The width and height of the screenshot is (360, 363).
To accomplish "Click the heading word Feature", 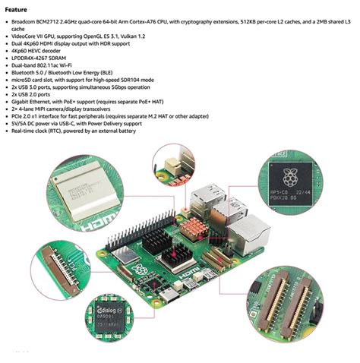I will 22,9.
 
